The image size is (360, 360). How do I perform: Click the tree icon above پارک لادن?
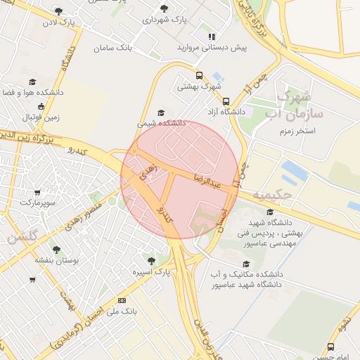(x=58, y=11)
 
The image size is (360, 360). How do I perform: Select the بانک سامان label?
(x=112, y=48)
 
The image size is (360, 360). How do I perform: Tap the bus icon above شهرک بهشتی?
(x=200, y=75)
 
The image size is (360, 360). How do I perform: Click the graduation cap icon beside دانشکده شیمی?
(x=161, y=112)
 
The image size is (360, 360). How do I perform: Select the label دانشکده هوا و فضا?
(x=32, y=92)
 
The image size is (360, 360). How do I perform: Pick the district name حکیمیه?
(x=270, y=193)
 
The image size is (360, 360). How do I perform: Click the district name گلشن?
(x=22, y=236)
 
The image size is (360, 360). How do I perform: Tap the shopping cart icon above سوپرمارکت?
(x=37, y=192)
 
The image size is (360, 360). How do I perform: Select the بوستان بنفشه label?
(x=56, y=259)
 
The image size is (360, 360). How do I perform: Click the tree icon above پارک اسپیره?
(x=150, y=260)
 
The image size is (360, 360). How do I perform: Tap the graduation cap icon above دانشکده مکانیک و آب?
(x=245, y=263)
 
